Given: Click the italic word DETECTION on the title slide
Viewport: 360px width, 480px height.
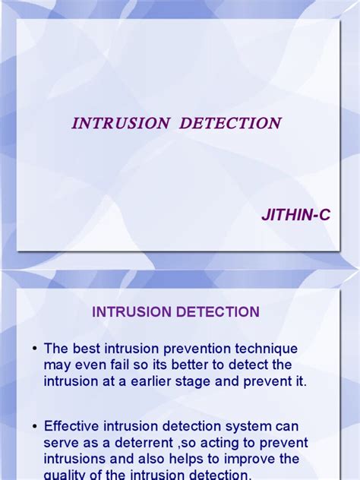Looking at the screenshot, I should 230,123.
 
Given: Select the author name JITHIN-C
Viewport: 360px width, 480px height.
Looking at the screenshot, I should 296,216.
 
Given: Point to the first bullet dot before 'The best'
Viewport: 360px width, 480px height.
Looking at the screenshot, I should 35,349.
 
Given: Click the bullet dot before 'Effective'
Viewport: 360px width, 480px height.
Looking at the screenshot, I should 35,426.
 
